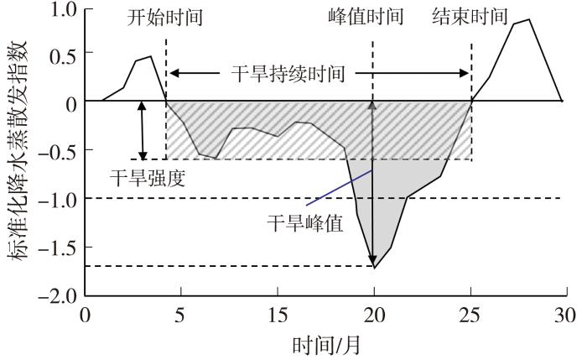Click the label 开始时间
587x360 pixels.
164,17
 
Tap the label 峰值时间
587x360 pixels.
366,17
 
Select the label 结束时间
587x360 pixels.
470,17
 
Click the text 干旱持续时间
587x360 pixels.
288,73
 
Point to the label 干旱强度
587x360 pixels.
148,178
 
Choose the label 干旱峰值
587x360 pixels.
305,224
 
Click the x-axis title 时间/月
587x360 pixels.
325,345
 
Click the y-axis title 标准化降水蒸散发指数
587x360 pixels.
16,150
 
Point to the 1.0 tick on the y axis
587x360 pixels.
64,10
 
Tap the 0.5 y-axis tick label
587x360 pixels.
64,55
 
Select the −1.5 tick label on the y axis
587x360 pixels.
58,248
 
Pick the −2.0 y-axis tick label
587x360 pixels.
58,297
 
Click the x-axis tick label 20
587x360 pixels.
374,316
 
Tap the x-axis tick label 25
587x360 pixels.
470,316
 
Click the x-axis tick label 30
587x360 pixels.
565,316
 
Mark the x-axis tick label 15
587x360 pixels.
278,316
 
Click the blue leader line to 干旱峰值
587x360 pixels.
339,188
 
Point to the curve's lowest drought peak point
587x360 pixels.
374,269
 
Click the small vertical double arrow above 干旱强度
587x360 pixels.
142,130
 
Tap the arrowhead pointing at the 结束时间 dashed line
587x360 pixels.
465,73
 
